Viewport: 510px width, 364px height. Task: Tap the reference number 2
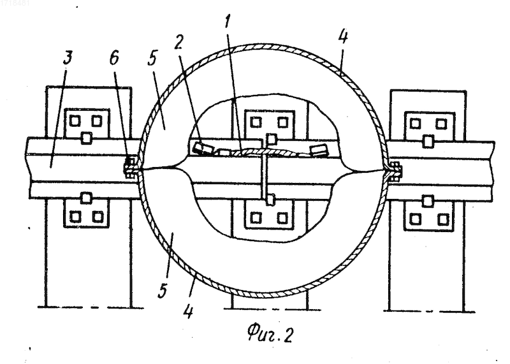coord(178,41)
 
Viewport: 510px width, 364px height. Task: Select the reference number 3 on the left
coord(67,58)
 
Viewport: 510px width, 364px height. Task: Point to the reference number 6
coord(114,58)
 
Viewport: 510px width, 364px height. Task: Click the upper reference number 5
coord(152,58)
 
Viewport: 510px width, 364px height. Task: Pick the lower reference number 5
coord(163,291)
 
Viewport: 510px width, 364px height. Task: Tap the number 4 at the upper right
coord(342,36)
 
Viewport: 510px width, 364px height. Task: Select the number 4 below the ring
coord(188,311)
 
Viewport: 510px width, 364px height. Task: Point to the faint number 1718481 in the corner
coord(15,3)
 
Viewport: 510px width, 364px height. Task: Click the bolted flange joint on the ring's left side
coord(130,168)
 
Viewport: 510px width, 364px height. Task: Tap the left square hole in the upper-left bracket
coord(75,121)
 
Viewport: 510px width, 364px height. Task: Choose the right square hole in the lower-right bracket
coord(442,219)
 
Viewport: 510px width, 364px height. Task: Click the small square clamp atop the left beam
coord(86,138)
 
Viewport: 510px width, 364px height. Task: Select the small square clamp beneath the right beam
coord(428,201)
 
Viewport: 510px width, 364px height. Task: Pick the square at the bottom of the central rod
coord(270,200)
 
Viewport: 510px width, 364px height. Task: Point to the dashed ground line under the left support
coord(91,307)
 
